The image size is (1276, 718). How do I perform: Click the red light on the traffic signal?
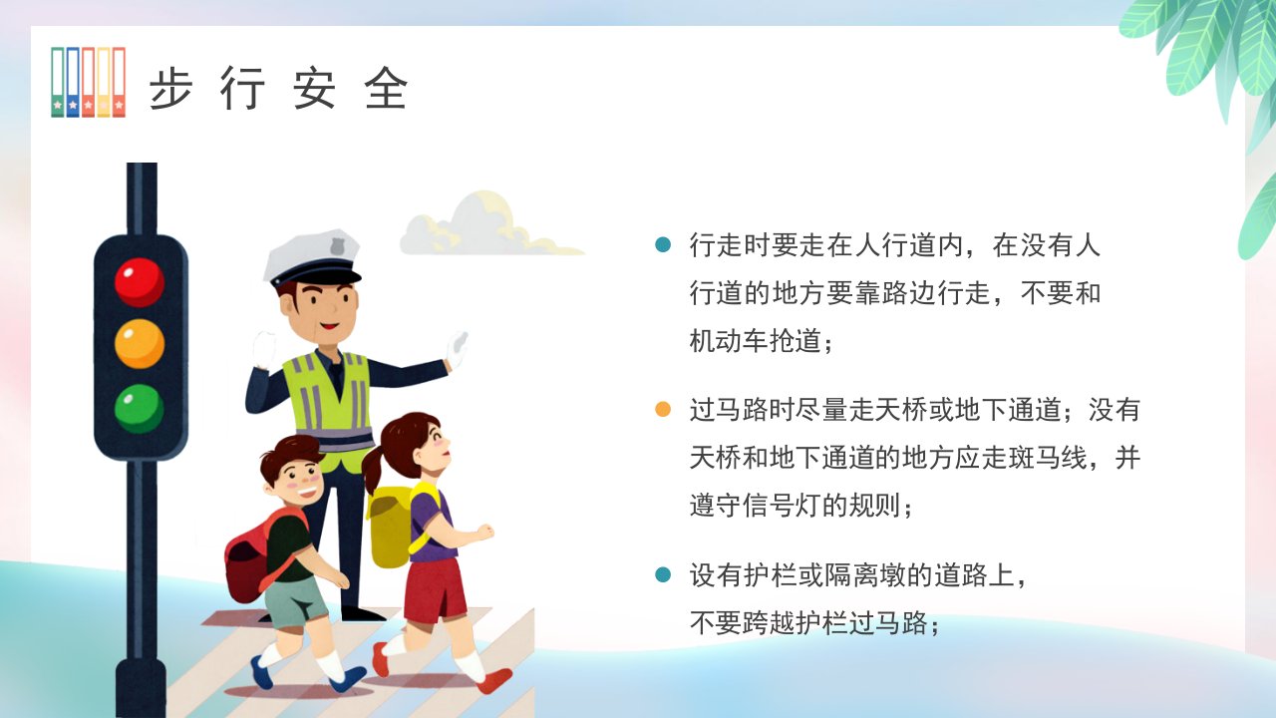click(x=140, y=282)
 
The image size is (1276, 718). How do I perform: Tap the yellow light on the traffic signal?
click(x=140, y=344)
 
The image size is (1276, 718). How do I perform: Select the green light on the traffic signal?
click(x=140, y=408)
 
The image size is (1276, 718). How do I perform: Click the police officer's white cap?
click(x=312, y=256)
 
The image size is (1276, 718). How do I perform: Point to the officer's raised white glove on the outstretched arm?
click(x=457, y=349)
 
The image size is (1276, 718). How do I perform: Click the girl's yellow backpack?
click(x=393, y=525)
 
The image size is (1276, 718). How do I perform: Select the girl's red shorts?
click(x=435, y=589)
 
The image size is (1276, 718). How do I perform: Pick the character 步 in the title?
click(x=170, y=88)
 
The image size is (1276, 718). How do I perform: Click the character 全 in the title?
click(x=386, y=88)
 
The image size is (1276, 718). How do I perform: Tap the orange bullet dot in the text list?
click(x=663, y=409)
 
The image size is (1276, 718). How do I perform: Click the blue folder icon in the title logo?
click(x=73, y=82)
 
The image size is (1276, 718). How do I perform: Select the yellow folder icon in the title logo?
click(x=103, y=82)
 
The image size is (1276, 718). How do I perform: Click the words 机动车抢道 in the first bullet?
click(x=755, y=341)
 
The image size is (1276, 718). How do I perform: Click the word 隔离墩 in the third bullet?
click(x=863, y=575)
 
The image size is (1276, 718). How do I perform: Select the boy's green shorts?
click(x=295, y=601)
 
